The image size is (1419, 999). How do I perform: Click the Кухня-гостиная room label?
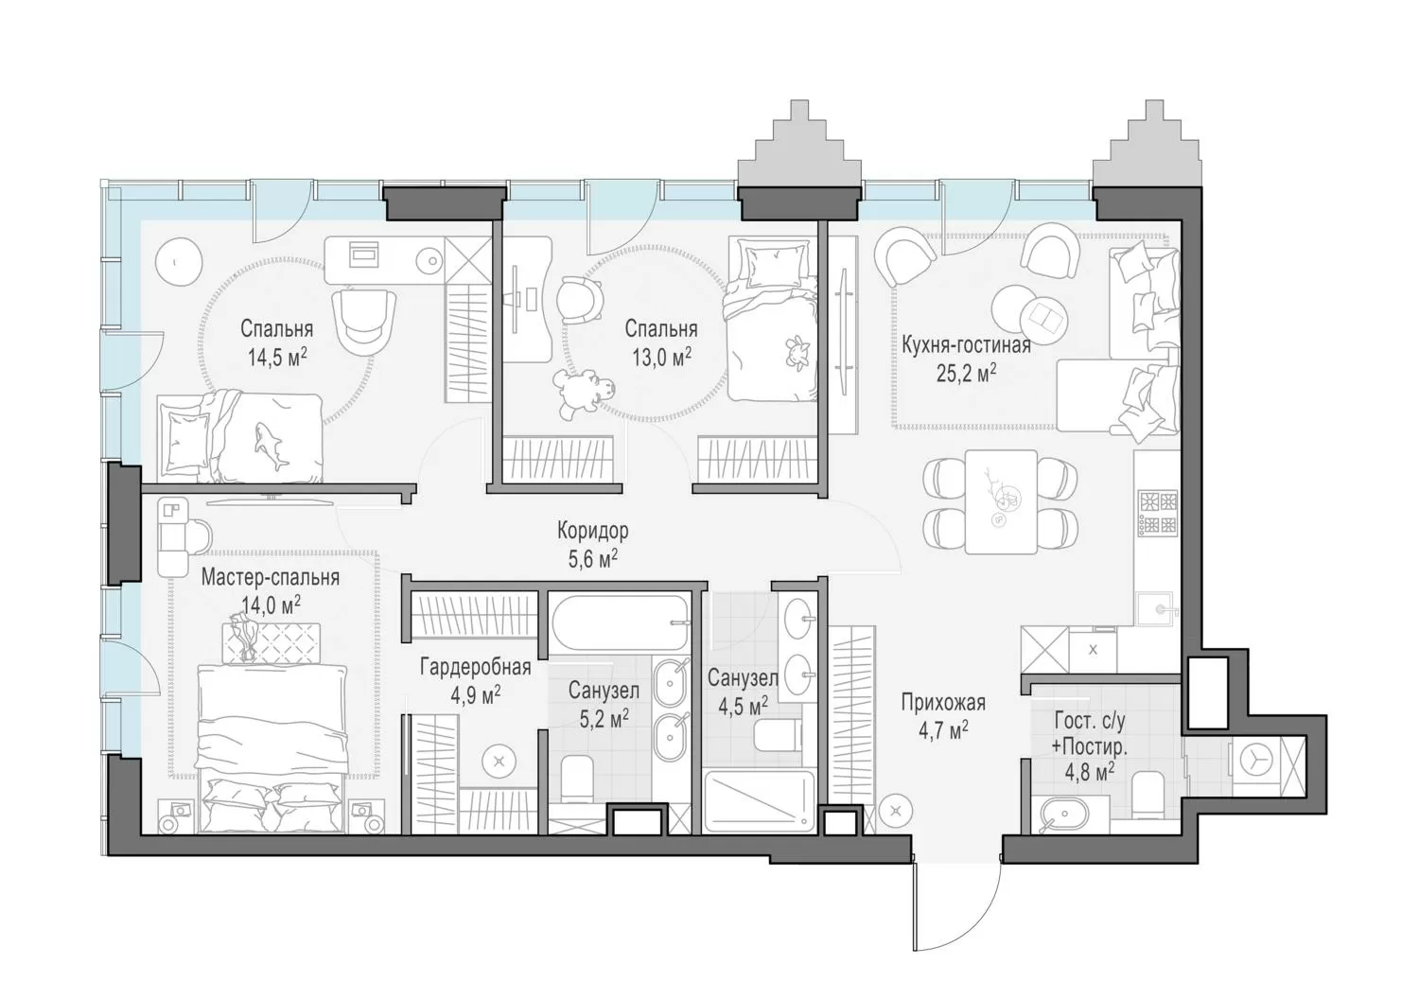966,345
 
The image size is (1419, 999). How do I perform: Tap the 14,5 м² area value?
277,358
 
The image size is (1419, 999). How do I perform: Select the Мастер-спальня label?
271,578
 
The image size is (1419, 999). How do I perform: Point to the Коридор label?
593,530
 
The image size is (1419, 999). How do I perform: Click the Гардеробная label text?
475,667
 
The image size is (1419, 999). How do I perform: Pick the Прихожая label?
943,703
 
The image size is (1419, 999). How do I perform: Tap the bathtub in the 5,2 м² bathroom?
619,623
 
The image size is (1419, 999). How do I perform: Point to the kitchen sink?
1157,609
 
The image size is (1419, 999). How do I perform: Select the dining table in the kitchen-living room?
1001,501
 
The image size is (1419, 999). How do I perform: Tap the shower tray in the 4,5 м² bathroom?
760,800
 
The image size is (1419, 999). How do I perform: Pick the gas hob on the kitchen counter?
1158,512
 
